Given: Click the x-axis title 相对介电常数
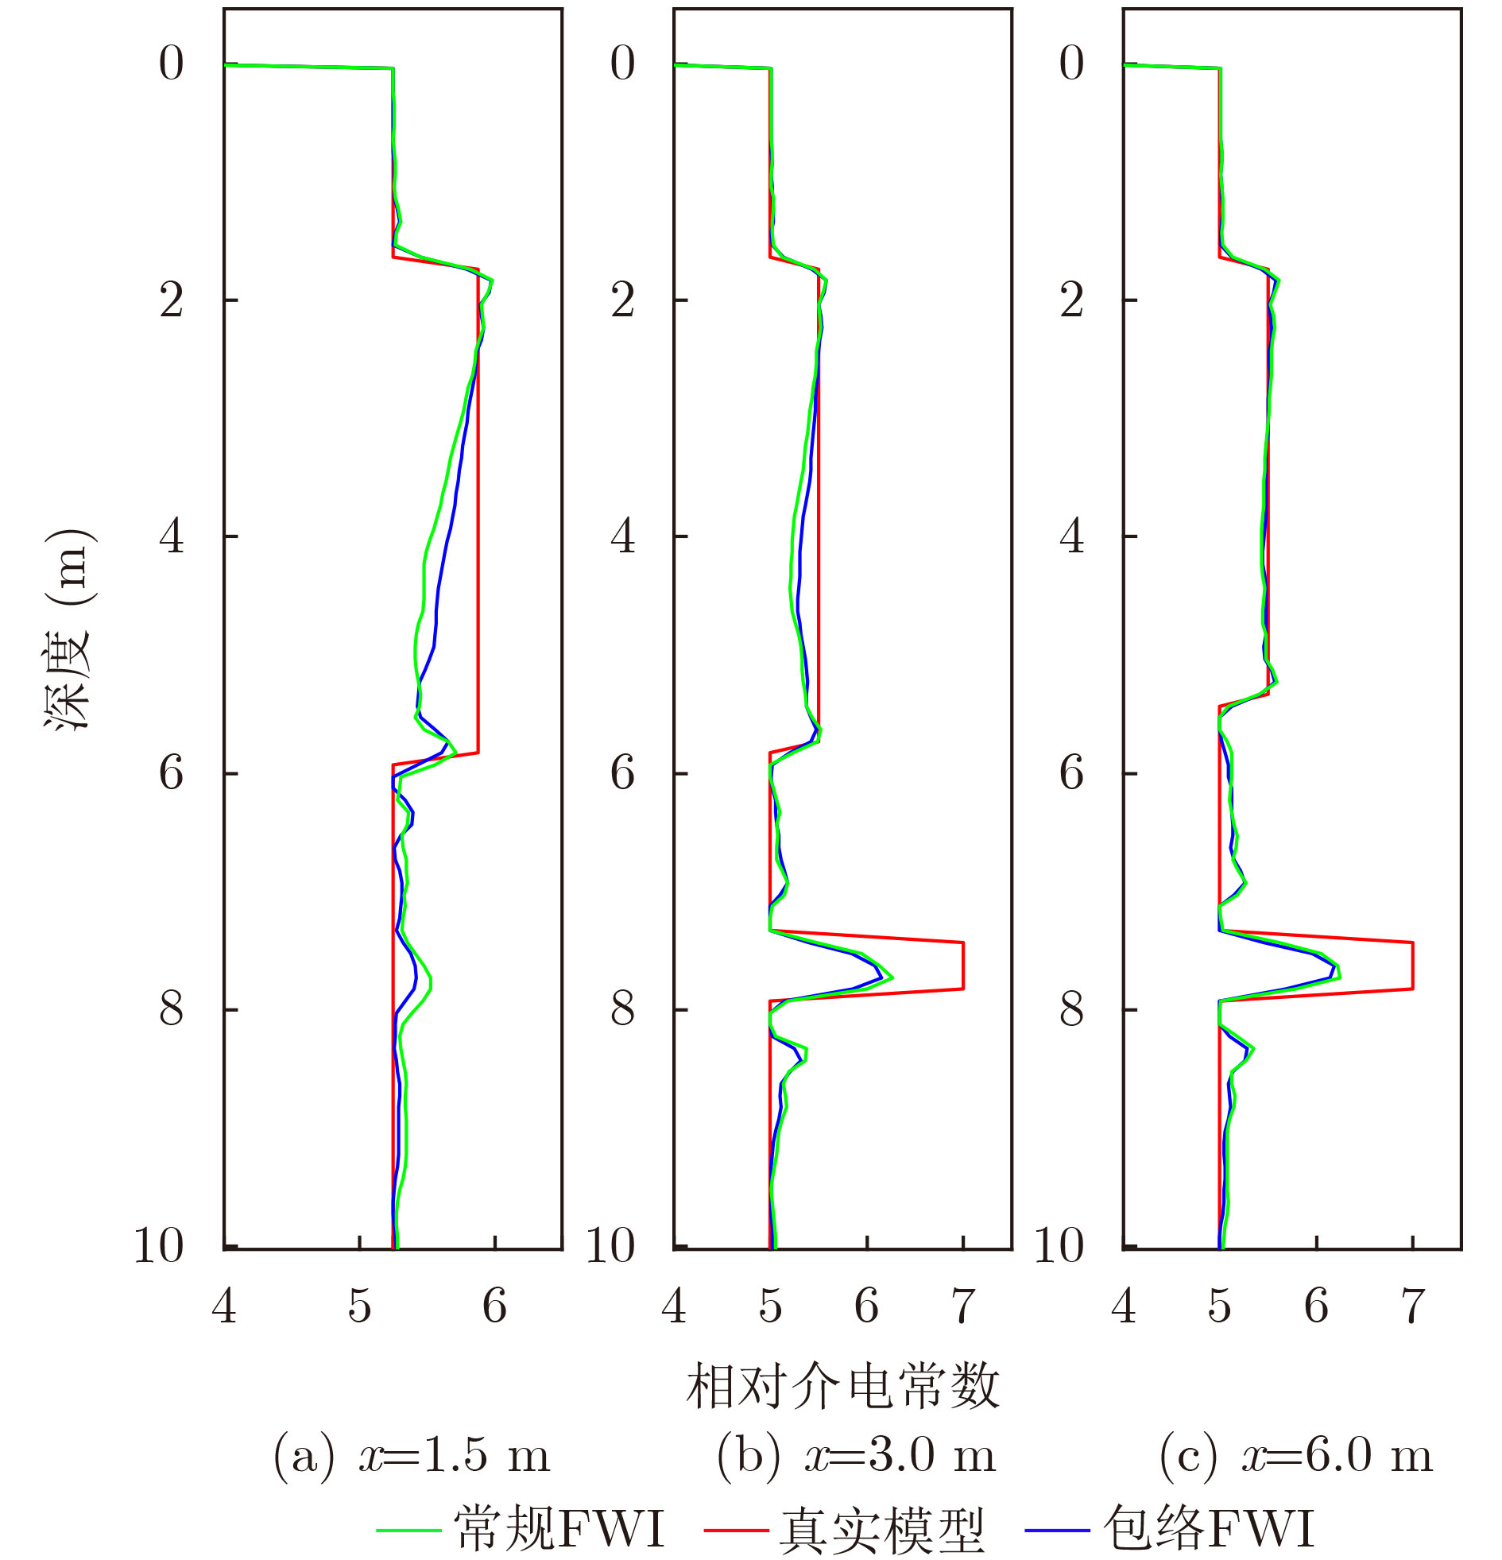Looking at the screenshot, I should [842, 1386].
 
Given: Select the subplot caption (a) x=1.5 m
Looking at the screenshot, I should [412, 1455].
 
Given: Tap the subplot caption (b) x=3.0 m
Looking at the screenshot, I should [856, 1455].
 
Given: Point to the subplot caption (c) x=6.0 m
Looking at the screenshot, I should [1296, 1455].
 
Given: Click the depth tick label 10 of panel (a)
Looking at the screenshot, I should [159, 1245].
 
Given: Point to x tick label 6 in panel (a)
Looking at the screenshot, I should [494, 1306].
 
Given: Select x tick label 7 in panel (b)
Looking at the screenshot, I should [963, 1306].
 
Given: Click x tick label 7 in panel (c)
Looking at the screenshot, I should [1413, 1306].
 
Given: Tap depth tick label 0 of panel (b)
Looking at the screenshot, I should [622, 64].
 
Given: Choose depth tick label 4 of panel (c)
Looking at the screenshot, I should [1071, 536].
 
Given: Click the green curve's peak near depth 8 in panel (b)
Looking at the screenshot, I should [892, 977].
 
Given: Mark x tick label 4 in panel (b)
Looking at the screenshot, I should [673, 1306].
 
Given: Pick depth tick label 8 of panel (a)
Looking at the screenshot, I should [171, 1008].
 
